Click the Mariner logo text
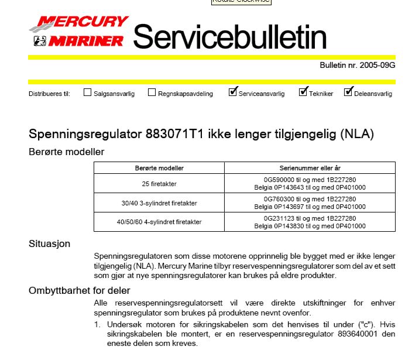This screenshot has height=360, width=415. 86,40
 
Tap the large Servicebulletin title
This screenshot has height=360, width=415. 229,37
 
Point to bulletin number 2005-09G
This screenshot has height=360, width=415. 378,65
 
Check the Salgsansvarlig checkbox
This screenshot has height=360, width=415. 88,92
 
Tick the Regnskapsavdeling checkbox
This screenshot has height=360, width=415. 152,92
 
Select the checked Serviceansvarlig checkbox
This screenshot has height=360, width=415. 233,92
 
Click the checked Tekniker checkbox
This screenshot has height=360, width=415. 303,92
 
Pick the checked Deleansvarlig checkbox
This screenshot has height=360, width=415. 348,92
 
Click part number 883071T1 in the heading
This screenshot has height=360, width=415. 178,134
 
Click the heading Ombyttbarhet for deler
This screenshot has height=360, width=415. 80,290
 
